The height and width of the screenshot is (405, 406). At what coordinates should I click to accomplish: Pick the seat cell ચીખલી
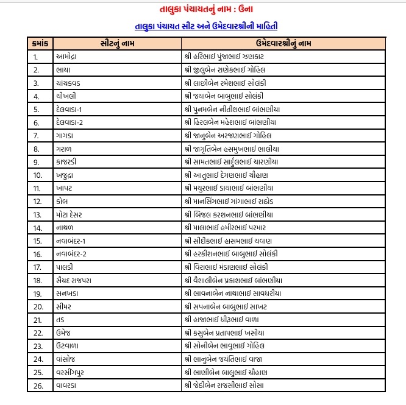click(67, 96)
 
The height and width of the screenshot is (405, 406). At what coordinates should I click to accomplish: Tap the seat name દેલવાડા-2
click(73, 122)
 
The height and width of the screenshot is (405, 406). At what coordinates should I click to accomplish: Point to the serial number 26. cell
click(38, 386)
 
